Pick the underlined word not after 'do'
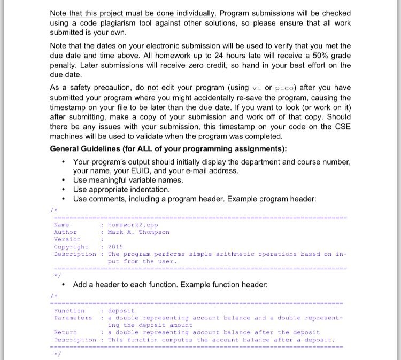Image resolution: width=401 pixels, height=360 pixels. coord(153,88)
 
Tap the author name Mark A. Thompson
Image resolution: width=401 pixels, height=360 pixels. coord(138,232)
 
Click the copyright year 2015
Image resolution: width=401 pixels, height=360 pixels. coord(115,247)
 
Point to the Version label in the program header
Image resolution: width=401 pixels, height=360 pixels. coord(67,239)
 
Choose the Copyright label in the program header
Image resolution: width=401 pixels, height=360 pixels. coord(71,247)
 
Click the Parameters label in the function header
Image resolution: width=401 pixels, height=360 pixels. coord(73,318)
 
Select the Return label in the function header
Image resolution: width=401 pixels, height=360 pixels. coord(65,332)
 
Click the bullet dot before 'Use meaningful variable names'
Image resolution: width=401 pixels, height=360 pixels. coord(64,181)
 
